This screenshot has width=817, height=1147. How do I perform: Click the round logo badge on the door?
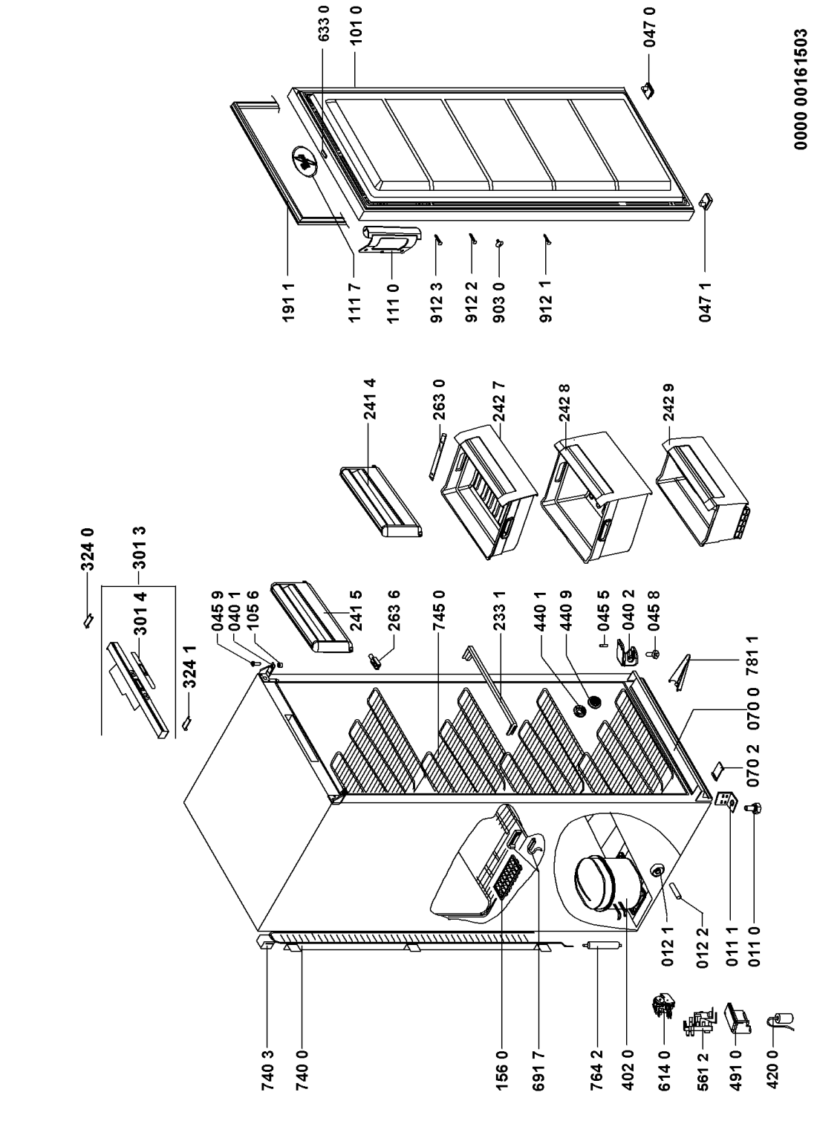[x=304, y=160]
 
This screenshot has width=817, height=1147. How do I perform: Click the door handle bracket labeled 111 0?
[x=388, y=242]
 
